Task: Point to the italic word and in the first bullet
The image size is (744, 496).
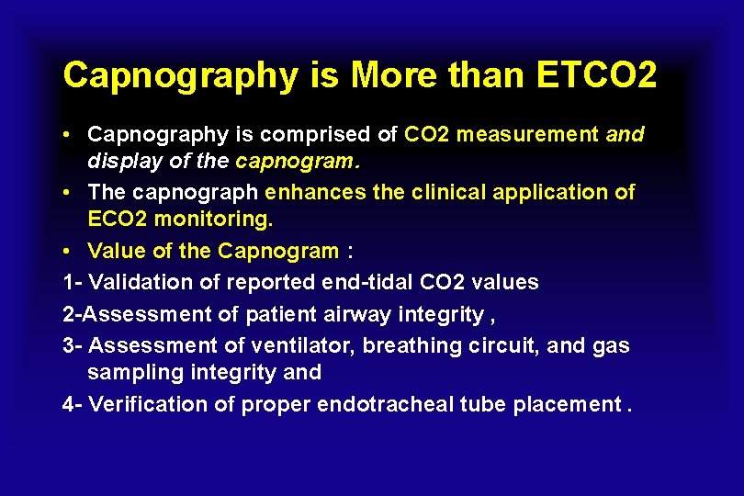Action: pos(625,135)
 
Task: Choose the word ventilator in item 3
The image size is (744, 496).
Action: pos(309,345)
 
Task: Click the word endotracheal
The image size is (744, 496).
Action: pos(388,405)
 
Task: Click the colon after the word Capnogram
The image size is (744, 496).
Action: pos(350,252)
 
